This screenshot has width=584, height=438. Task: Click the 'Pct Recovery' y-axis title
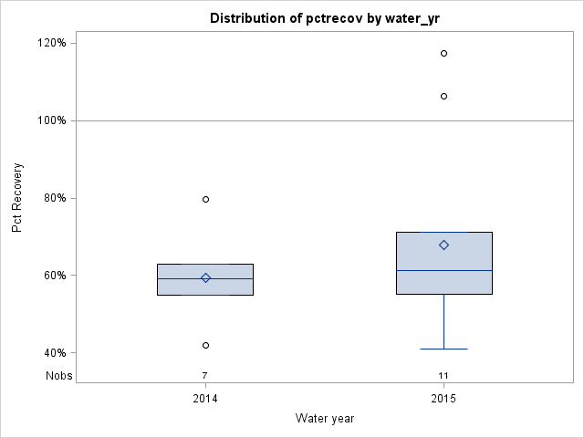pos(18,198)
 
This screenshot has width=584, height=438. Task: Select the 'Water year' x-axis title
pos(325,418)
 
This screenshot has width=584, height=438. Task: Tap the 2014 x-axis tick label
pos(205,399)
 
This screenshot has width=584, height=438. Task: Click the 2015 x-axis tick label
pos(443,399)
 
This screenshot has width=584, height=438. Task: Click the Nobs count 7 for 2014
pos(205,375)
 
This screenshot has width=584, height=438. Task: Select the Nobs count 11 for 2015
pos(443,375)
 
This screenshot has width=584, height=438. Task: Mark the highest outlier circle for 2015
pos(443,53)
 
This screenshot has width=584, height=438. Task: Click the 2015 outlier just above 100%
pos(443,96)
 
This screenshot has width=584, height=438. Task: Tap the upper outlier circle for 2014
pos(205,199)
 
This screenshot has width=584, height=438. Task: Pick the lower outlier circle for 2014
pos(205,345)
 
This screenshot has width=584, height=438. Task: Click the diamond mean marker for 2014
pos(205,277)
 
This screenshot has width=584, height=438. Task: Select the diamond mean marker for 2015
pos(443,245)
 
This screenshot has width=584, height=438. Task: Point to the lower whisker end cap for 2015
pos(443,349)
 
